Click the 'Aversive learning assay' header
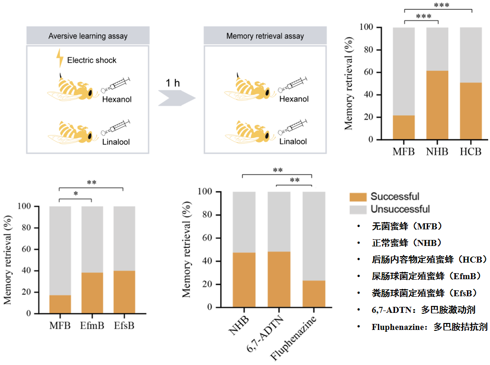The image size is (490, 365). tap(88, 36)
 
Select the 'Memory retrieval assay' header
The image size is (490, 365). tap(265, 36)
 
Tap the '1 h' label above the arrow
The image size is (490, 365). tap(173, 83)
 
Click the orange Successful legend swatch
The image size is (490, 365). tap(358, 197)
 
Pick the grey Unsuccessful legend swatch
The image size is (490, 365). tap(358, 209)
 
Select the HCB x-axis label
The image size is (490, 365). tap(471, 151)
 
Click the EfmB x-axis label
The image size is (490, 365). tap(92, 326)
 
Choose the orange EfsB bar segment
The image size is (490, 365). tap(124, 292)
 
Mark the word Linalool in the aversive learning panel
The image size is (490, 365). tap(116, 142)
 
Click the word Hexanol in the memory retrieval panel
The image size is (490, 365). tap(294, 99)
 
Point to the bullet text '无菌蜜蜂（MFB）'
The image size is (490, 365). tap(406, 227)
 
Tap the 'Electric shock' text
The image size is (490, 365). tap(92, 60)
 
